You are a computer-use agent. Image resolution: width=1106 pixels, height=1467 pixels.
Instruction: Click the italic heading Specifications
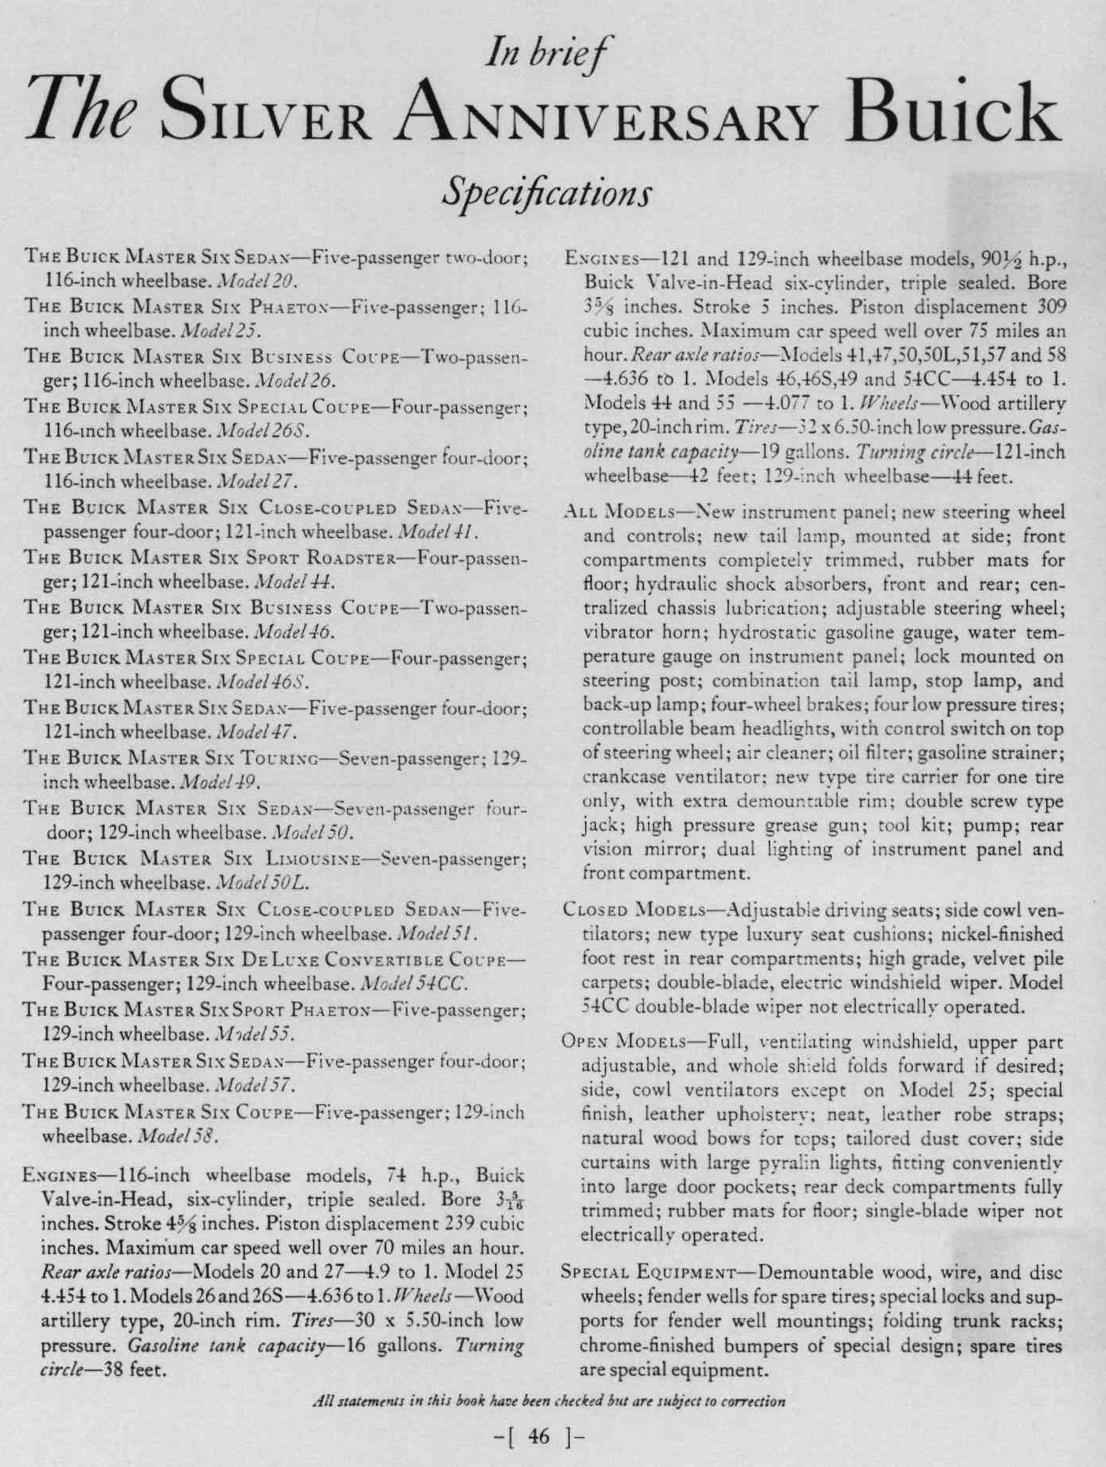547,191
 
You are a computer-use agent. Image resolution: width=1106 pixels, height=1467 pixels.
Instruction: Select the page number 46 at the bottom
539,1436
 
